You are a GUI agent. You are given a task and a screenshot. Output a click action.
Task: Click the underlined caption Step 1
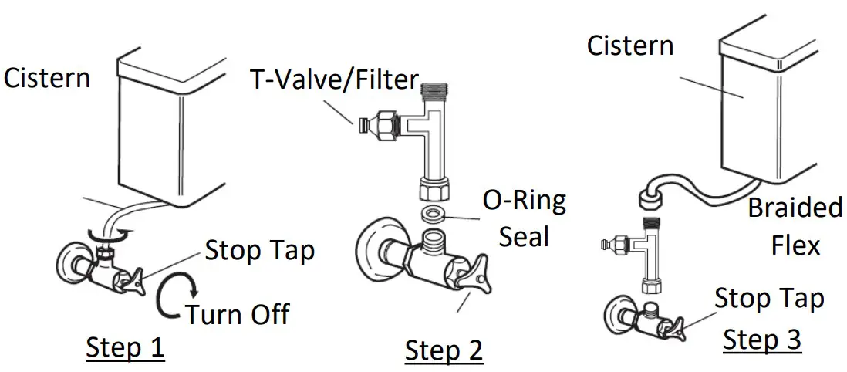click(125, 347)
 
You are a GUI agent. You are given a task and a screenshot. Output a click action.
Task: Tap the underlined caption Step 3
click(762, 339)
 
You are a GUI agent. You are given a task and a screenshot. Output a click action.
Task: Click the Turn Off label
click(237, 314)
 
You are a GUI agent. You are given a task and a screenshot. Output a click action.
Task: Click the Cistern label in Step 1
click(47, 77)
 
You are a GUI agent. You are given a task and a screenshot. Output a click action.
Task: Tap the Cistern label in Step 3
click(630, 46)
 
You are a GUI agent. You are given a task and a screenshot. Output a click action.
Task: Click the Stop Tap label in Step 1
click(260, 250)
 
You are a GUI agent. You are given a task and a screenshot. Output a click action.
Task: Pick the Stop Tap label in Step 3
click(769, 298)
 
